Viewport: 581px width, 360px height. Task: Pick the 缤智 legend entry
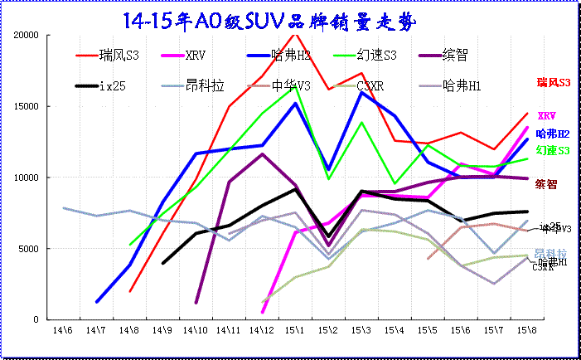pos(456,56)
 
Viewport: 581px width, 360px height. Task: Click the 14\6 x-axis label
pos(61,330)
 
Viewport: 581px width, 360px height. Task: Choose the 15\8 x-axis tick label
pos(526,330)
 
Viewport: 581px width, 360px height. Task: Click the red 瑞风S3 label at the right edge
pos(554,83)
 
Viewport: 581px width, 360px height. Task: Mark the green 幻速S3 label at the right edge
pos(553,150)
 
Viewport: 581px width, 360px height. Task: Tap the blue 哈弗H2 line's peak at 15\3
pos(361,92)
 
